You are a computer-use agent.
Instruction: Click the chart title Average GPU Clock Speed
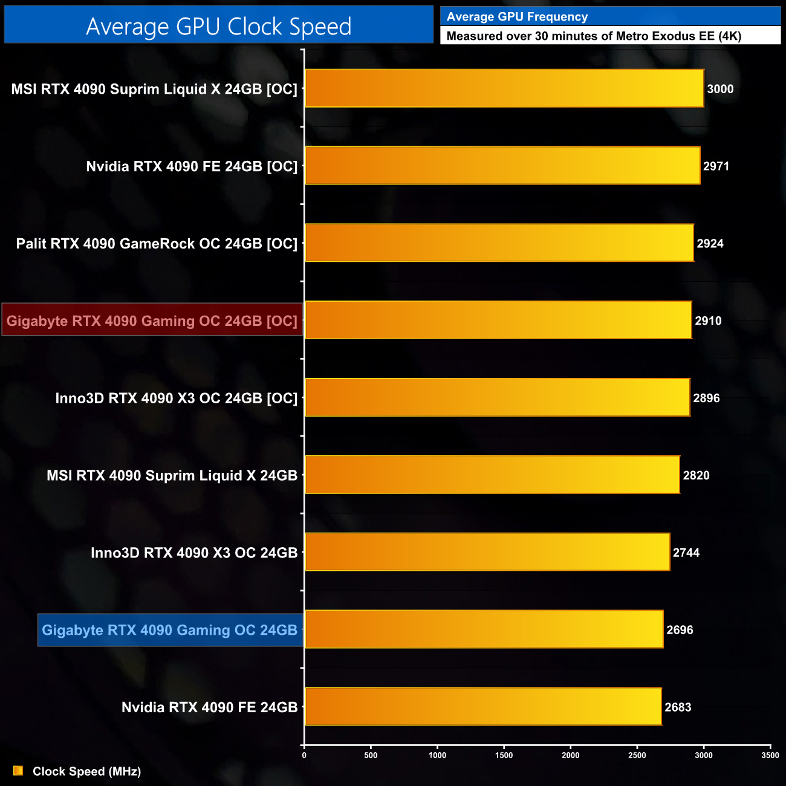pos(218,26)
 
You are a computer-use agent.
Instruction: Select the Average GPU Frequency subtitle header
pos(517,17)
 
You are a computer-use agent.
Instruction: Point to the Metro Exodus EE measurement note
pos(594,36)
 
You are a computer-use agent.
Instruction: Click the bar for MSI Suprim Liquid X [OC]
pos(504,89)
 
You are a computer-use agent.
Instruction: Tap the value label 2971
pos(716,166)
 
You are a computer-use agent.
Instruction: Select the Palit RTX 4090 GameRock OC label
pos(157,244)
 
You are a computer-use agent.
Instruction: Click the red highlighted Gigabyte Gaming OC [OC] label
pos(152,320)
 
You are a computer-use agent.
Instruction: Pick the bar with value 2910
pos(498,320)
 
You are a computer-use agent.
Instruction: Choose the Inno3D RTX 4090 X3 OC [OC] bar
pos(497,398)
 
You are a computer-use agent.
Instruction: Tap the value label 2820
pos(696,475)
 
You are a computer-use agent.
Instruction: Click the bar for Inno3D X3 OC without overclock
pos(487,552)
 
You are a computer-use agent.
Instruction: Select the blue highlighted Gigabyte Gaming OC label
pos(170,630)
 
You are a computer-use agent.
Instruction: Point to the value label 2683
pos(678,707)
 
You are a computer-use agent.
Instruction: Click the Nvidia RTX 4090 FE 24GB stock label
pos(209,707)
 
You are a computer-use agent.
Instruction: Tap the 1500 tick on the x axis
pos(504,755)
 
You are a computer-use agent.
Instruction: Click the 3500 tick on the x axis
pos(770,755)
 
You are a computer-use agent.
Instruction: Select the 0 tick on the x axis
pos(304,755)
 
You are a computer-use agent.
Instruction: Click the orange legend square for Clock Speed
pos(18,771)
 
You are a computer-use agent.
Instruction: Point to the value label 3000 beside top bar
pos(720,89)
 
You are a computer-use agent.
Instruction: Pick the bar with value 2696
pos(484,629)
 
